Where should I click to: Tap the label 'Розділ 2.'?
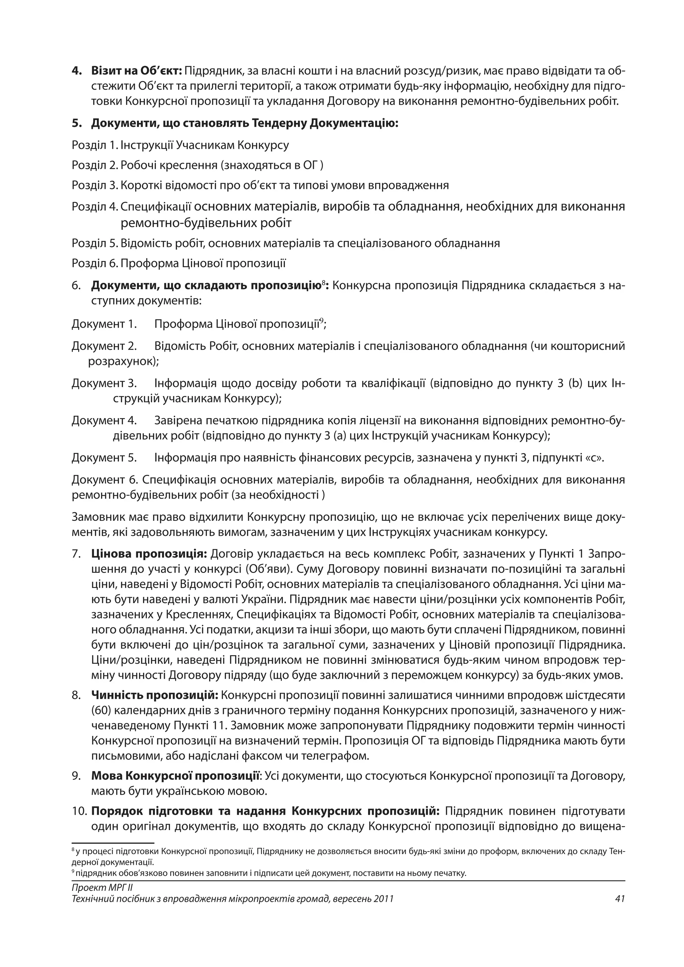[x=95, y=165]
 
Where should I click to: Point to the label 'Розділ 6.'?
[x=95, y=264]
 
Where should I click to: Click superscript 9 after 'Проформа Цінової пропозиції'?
[x=321, y=321]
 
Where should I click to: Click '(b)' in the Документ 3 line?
[x=574, y=383]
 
